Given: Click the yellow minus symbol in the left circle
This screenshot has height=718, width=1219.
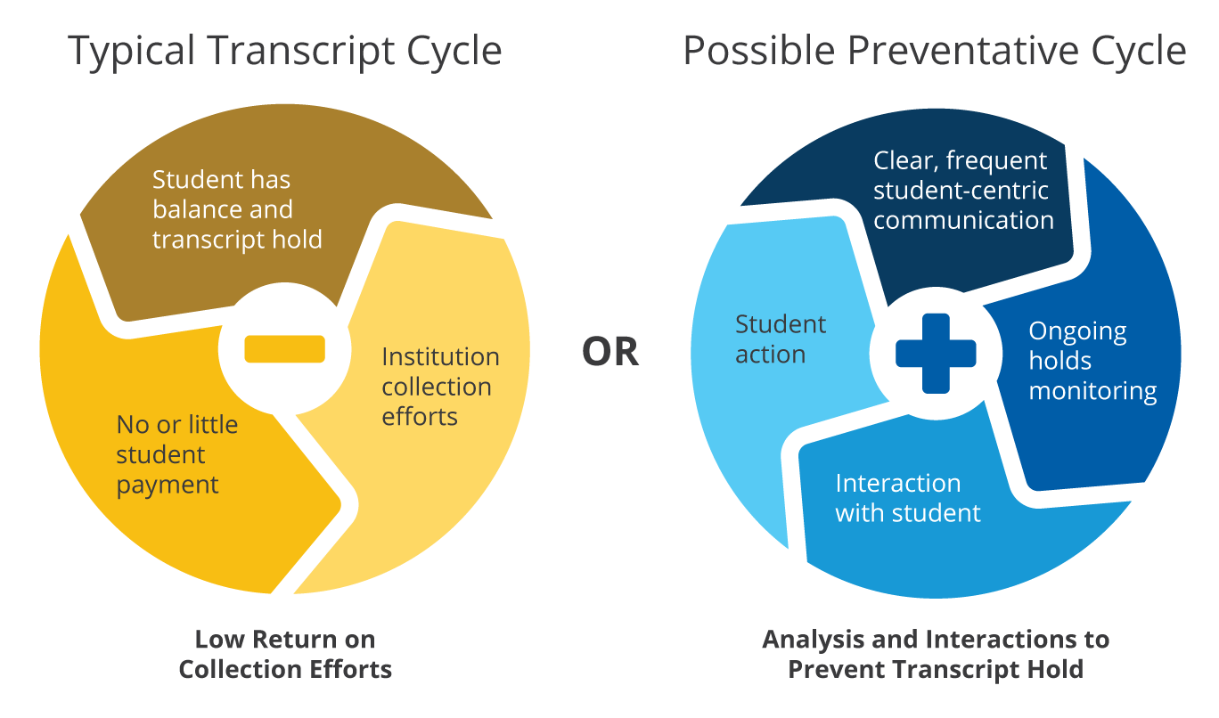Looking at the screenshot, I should point(284,348).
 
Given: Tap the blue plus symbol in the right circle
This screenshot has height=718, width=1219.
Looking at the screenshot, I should point(936,354).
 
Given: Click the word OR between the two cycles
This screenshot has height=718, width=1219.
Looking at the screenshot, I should point(610,352).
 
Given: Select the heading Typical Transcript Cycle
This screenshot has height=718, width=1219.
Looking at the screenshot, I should point(285,51).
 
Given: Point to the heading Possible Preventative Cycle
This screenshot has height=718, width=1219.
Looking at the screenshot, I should point(934,51).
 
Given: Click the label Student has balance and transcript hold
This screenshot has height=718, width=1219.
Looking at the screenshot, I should point(236,210).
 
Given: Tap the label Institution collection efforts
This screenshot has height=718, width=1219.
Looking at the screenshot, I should point(440,387).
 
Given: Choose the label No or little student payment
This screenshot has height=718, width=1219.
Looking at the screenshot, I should point(176,454).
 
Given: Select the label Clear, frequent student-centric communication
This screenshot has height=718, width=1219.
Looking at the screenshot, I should point(962,191).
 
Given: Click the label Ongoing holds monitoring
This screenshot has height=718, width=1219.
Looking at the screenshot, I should point(1092,361).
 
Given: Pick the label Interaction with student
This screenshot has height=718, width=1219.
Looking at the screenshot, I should point(907,498).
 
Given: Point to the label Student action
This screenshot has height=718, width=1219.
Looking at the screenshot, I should point(780,339).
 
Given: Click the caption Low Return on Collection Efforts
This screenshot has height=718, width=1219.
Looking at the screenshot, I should point(285,654).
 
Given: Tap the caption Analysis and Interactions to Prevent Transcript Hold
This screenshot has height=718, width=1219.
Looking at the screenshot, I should point(936,654).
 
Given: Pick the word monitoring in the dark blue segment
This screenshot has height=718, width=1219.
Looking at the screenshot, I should point(1092,391).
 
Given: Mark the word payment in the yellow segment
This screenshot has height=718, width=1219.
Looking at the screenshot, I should point(168,485).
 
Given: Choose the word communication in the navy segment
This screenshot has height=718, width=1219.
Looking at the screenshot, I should point(963,220).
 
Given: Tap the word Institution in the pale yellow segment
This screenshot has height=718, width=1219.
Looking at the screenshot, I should point(440,357).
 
